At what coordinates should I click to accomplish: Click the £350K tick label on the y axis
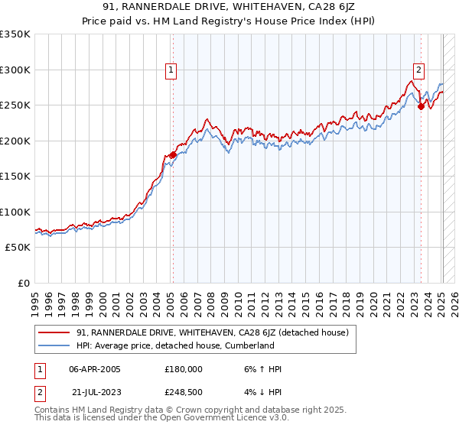click(15, 34)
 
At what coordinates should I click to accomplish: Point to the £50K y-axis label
click(18, 248)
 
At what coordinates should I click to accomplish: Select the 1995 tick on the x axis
click(34, 297)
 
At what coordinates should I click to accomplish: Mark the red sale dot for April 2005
click(173, 155)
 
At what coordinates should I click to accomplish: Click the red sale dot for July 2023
click(421, 106)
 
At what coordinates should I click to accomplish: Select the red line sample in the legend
click(54, 332)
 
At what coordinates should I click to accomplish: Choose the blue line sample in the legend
click(54, 345)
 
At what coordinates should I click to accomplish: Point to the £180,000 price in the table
click(184, 369)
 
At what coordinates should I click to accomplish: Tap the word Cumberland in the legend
click(248, 345)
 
